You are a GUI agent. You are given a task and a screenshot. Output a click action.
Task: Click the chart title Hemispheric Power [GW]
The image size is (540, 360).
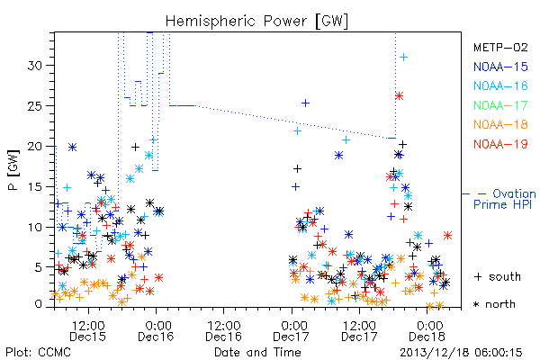click(256, 22)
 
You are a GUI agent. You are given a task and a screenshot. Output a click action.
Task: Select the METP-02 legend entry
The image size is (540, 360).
click(500, 48)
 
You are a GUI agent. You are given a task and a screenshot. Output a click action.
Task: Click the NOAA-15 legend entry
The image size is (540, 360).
click(500, 67)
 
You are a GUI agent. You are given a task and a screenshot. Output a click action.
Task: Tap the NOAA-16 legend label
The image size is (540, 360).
click(500, 85)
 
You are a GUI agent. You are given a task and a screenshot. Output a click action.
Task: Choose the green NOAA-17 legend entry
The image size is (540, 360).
click(500, 105)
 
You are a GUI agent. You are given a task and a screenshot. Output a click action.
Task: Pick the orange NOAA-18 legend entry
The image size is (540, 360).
click(500, 124)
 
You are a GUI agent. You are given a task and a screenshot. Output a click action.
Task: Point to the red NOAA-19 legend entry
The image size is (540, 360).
click(500, 144)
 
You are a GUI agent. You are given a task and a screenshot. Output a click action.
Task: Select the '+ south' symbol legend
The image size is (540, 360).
click(498, 276)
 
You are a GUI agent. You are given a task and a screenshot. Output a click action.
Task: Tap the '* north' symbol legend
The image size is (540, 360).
click(494, 304)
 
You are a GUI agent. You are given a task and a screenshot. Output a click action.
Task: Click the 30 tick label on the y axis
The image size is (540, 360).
click(35, 66)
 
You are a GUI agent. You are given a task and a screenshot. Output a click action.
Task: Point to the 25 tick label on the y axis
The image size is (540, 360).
click(35, 106)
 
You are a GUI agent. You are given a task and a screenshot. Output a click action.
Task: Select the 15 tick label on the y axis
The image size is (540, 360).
click(35, 186)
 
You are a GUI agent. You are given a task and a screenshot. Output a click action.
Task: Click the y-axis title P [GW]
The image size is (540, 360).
click(13, 170)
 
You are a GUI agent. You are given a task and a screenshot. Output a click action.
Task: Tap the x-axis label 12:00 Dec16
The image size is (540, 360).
click(224, 330)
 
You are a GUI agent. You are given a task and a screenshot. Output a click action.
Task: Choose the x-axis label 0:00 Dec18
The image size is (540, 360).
click(427, 330)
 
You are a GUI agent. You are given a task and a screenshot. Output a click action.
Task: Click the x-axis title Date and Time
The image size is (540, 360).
click(257, 352)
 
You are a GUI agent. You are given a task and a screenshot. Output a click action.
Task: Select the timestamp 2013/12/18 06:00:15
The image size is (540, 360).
click(461, 353)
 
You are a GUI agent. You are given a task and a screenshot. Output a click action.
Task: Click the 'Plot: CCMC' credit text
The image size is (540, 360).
click(38, 353)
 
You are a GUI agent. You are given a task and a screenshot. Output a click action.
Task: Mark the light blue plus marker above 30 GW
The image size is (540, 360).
click(403, 58)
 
